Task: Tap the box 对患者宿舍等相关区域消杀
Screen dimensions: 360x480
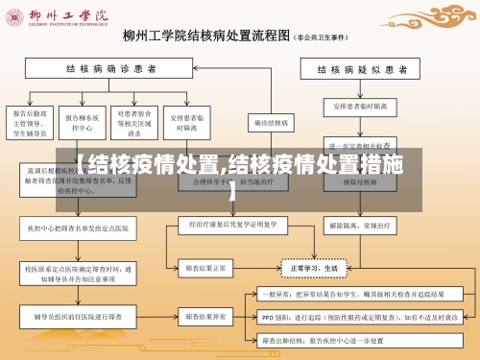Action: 132,123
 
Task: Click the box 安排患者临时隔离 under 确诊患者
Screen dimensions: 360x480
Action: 183,123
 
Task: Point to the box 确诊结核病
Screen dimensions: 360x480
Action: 272,123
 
